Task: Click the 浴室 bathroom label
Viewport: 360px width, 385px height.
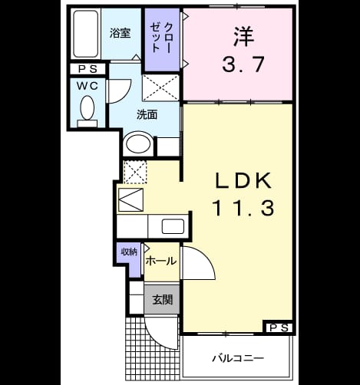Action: point(120,33)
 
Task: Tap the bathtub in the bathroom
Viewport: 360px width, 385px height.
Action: point(86,34)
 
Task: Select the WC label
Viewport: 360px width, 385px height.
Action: point(88,86)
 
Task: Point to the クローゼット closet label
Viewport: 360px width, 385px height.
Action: point(162,38)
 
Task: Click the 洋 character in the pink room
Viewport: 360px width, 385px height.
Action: point(243,37)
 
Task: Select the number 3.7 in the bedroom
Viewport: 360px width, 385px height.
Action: point(243,64)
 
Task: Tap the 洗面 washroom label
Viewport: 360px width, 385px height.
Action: point(147,114)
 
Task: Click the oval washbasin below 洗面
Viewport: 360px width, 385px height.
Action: point(138,144)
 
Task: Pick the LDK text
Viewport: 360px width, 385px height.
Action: point(243,181)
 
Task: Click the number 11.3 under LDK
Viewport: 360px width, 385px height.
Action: point(243,208)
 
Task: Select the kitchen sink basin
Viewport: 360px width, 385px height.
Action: point(173,226)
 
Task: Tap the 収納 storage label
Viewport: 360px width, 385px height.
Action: point(129,252)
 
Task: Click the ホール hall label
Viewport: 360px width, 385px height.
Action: point(161,261)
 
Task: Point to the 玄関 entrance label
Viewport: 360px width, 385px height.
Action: point(163,300)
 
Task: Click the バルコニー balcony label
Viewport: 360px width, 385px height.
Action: point(238,358)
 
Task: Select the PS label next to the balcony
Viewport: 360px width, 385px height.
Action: point(279,327)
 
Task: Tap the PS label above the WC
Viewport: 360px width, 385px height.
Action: point(88,69)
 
